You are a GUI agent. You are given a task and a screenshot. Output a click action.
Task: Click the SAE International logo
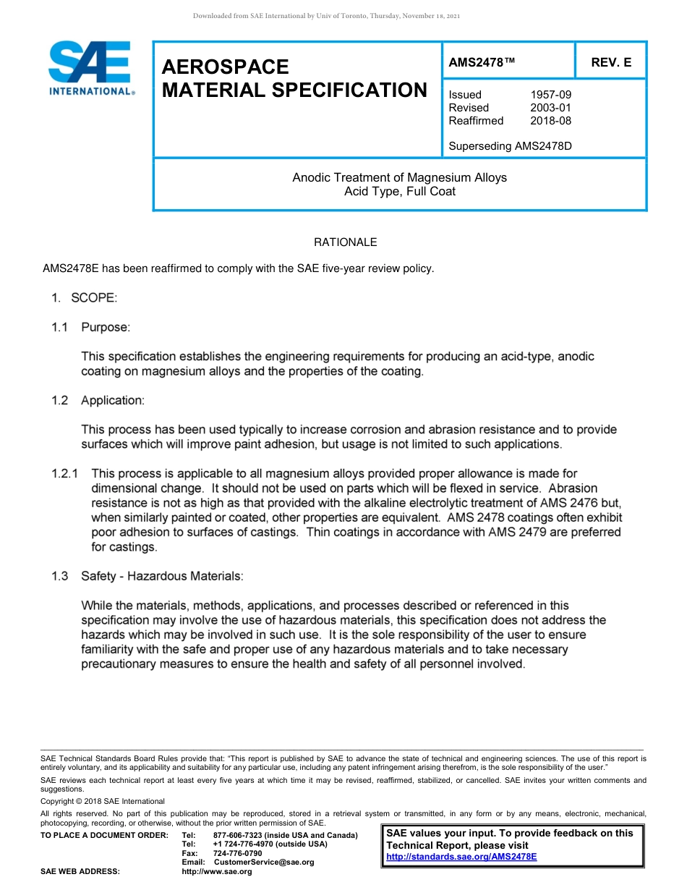[x=90, y=69]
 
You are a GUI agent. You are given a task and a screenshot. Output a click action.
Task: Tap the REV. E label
[x=610, y=62]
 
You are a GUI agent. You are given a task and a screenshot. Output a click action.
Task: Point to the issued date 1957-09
[x=550, y=95]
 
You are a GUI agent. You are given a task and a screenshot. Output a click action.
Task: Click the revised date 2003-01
[x=550, y=108]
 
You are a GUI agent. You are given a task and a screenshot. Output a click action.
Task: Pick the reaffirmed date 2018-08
[x=550, y=121]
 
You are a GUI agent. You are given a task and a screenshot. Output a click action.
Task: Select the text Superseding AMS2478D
[x=510, y=145]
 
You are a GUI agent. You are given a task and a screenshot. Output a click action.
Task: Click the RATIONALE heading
[x=345, y=242]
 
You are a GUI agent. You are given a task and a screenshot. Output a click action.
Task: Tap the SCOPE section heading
[x=93, y=298]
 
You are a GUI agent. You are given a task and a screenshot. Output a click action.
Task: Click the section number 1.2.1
[x=66, y=474]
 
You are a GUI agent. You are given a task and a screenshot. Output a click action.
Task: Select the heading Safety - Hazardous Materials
[x=162, y=576]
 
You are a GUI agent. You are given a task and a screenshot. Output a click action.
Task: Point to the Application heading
[x=112, y=400]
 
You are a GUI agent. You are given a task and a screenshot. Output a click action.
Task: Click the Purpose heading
[x=106, y=327]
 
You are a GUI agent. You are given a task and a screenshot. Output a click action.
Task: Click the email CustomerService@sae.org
[x=264, y=863]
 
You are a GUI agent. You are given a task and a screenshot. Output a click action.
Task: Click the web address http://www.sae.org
[x=216, y=872]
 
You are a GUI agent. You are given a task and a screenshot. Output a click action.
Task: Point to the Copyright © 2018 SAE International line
[x=103, y=801]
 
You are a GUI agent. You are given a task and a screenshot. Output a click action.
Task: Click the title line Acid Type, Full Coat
[x=399, y=192]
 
